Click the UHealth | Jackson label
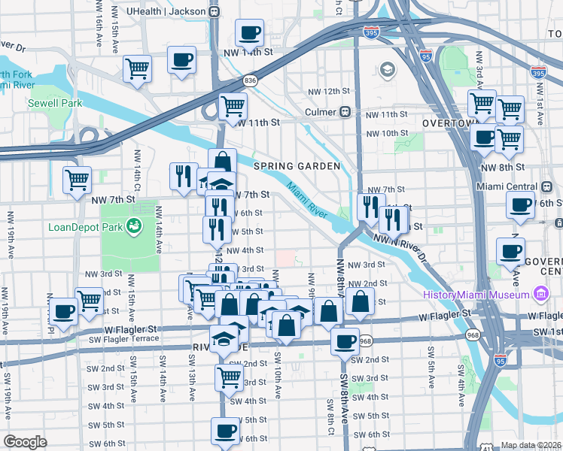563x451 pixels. (x=167, y=11)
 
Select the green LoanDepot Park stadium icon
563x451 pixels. (x=134, y=224)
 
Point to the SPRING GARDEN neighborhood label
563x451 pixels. (x=297, y=165)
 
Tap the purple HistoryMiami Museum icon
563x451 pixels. (x=540, y=292)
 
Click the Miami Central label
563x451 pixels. (x=507, y=186)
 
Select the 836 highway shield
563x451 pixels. (x=251, y=80)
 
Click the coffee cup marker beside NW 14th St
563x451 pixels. (x=249, y=35)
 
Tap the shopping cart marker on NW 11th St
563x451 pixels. (x=233, y=107)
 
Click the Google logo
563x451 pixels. (x=25, y=442)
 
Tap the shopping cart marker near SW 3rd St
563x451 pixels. (x=229, y=378)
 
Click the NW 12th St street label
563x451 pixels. (x=329, y=91)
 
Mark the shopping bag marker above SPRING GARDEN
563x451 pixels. (x=223, y=162)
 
